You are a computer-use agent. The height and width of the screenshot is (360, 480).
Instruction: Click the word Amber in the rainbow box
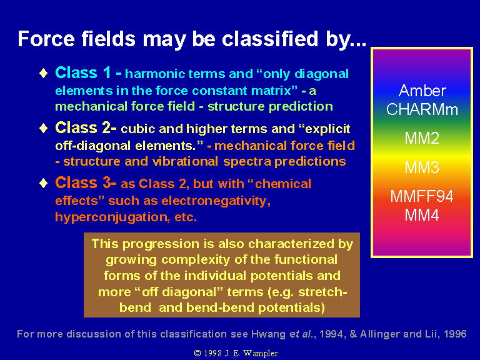tap(422, 91)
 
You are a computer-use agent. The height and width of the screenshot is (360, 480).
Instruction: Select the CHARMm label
tap(422, 109)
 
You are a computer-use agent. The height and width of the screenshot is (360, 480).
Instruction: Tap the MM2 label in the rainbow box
tap(422, 138)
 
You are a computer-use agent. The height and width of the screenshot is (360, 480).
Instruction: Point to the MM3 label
tap(422, 167)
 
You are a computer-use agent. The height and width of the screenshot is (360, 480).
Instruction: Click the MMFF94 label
tap(421, 196)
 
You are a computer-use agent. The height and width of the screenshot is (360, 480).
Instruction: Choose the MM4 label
tap(422, 215)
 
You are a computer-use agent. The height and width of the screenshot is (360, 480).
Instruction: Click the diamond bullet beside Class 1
tap(44, 73)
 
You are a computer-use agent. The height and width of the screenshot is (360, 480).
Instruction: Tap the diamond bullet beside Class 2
tap(44, 128)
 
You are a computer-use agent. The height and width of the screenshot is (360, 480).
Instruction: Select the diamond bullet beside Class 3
tap(44, 183)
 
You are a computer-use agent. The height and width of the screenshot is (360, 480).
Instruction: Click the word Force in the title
tap(46, 39)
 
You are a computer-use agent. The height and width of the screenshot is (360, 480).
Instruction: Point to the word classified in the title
tap(270, 39)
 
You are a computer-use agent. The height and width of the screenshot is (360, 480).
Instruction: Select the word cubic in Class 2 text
tap(137, 129)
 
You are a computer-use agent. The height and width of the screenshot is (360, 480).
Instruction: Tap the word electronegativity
tap(216, 201)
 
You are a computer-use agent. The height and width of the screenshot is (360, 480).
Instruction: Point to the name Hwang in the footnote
tap(269, 334)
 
